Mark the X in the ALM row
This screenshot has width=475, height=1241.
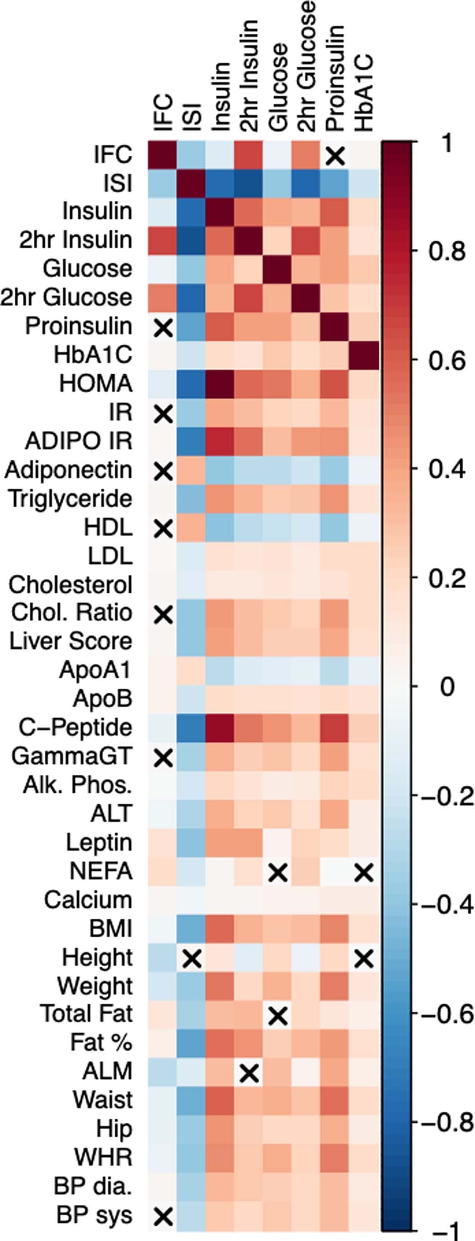point(249,1073)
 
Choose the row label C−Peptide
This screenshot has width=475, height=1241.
point(75,728)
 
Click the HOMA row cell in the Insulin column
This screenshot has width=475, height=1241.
point(220,384)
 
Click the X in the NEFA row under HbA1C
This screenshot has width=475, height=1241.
point(364,872)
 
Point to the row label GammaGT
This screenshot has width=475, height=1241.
point(71,756)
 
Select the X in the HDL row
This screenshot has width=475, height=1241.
point(163,528)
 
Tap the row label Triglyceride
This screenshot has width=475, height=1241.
point(70,499)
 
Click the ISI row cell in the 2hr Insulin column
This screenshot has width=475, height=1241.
point(249,183)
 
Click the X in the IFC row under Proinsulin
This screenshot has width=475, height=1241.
point(336,155)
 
